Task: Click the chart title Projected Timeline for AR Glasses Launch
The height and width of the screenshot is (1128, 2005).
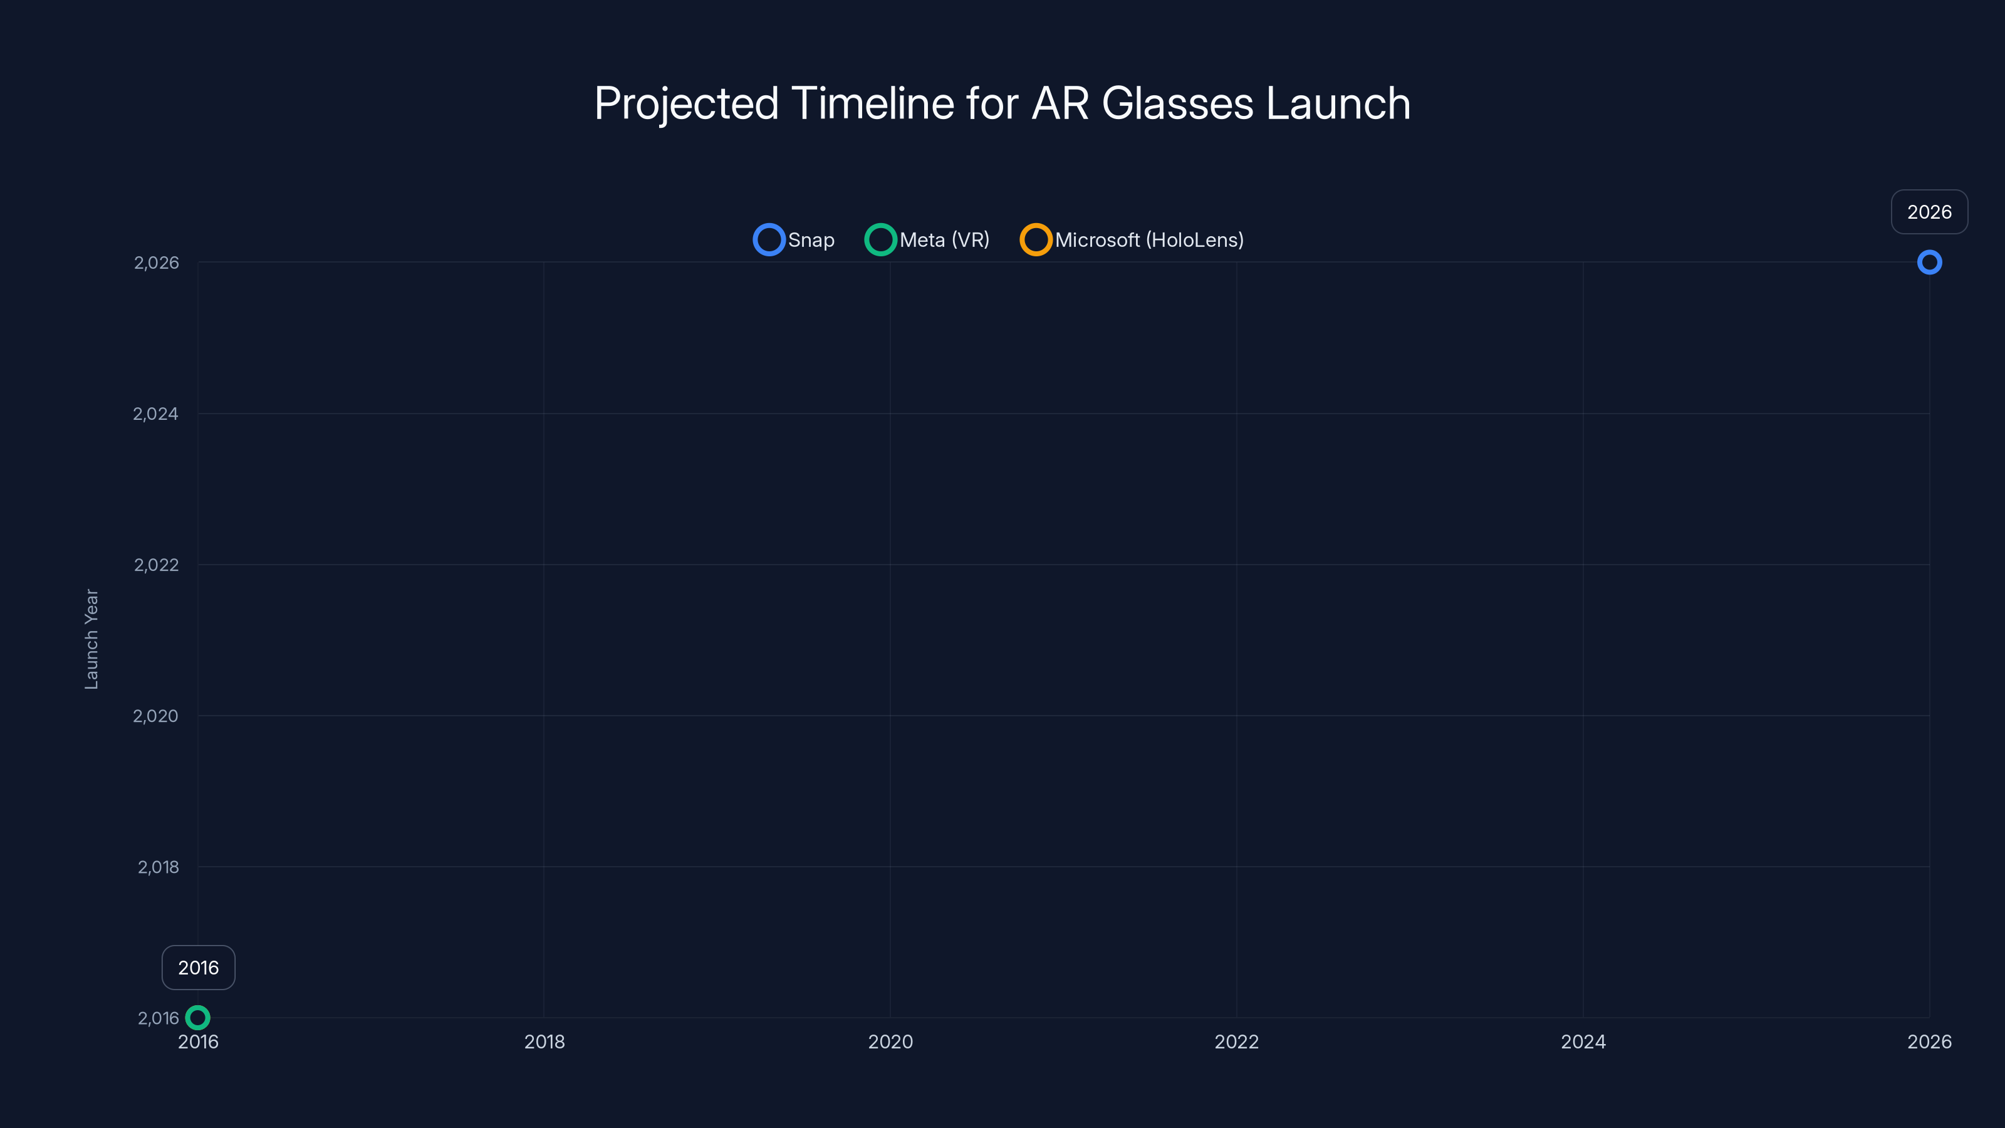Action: coord(1002,103)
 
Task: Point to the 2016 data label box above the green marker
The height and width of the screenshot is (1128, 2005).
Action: coord(199,968)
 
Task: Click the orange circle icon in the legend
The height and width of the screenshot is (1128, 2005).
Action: coord(1035,240)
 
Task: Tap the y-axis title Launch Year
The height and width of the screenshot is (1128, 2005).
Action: coord(92,639)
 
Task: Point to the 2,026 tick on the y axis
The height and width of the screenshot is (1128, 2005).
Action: coord(157,263)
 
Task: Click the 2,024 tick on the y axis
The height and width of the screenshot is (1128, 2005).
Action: coord(155,414)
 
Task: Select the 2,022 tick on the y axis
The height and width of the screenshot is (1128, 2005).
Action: coord(157,565)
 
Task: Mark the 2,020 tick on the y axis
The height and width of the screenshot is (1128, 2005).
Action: coord(155,716)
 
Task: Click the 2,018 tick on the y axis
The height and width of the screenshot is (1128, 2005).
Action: coord(158,867)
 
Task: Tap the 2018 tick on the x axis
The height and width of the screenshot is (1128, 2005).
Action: coord(544,1042)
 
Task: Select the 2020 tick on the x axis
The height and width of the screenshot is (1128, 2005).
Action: coord(890,1042)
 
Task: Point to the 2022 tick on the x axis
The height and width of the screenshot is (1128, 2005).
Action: coord(1236,1042)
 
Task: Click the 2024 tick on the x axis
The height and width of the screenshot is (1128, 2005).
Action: coord(1582,1042)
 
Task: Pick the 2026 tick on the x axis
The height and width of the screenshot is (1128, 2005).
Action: coord(1929,1042)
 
